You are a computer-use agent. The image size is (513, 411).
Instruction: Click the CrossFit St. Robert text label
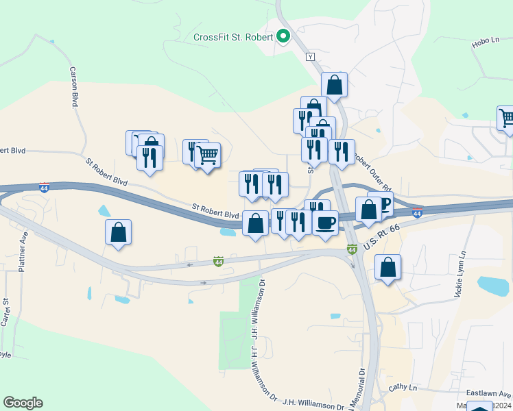tap(233, 37)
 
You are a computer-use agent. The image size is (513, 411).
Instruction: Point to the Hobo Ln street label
tap(485, 43)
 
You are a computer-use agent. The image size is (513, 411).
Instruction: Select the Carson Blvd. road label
tap(73, 87)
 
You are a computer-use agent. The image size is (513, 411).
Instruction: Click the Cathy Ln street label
tap(403, 387)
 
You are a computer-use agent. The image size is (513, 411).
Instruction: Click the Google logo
tap(23, 403)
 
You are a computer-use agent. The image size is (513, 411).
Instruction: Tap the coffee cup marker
tap(326, 222)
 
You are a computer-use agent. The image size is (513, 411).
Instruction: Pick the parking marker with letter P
tap(383, 204)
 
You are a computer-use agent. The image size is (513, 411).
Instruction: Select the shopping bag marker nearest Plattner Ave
tap(119, 232)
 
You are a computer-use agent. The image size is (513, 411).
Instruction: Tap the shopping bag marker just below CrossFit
tap(334, 86)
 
